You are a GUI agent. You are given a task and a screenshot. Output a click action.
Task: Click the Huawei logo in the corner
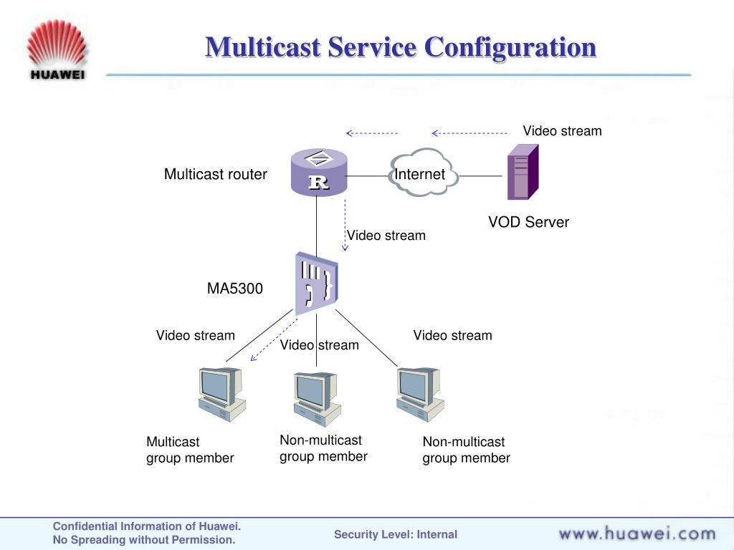[57, 49]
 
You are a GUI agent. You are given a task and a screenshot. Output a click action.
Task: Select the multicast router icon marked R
[319, 172]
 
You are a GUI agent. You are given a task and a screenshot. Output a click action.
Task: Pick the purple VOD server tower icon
[523, 172]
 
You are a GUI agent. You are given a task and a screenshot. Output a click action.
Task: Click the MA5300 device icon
[316, 284]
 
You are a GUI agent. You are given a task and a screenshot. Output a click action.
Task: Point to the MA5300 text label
[235, 288]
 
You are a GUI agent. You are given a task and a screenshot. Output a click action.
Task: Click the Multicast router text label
[215, 174]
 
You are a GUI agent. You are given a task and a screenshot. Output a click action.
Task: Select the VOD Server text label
[528, 222]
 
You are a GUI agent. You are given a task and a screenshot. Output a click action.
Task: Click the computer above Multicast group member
[222, 395]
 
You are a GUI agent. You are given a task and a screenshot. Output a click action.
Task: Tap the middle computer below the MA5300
[317, 398]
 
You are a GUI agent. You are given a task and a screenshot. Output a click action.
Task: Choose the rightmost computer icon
[420, 395]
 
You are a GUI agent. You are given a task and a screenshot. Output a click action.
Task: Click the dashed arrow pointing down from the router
[345, 225]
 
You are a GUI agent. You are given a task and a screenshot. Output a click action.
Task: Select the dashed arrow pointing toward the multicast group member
[274, 340]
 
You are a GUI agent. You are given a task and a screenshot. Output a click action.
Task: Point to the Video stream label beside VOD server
[562, 131]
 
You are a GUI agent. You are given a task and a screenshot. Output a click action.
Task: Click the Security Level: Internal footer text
[396, 534]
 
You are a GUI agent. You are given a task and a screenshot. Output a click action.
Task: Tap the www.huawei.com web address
[637, 533]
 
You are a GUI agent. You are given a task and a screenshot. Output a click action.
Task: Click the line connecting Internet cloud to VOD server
[480, 176]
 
